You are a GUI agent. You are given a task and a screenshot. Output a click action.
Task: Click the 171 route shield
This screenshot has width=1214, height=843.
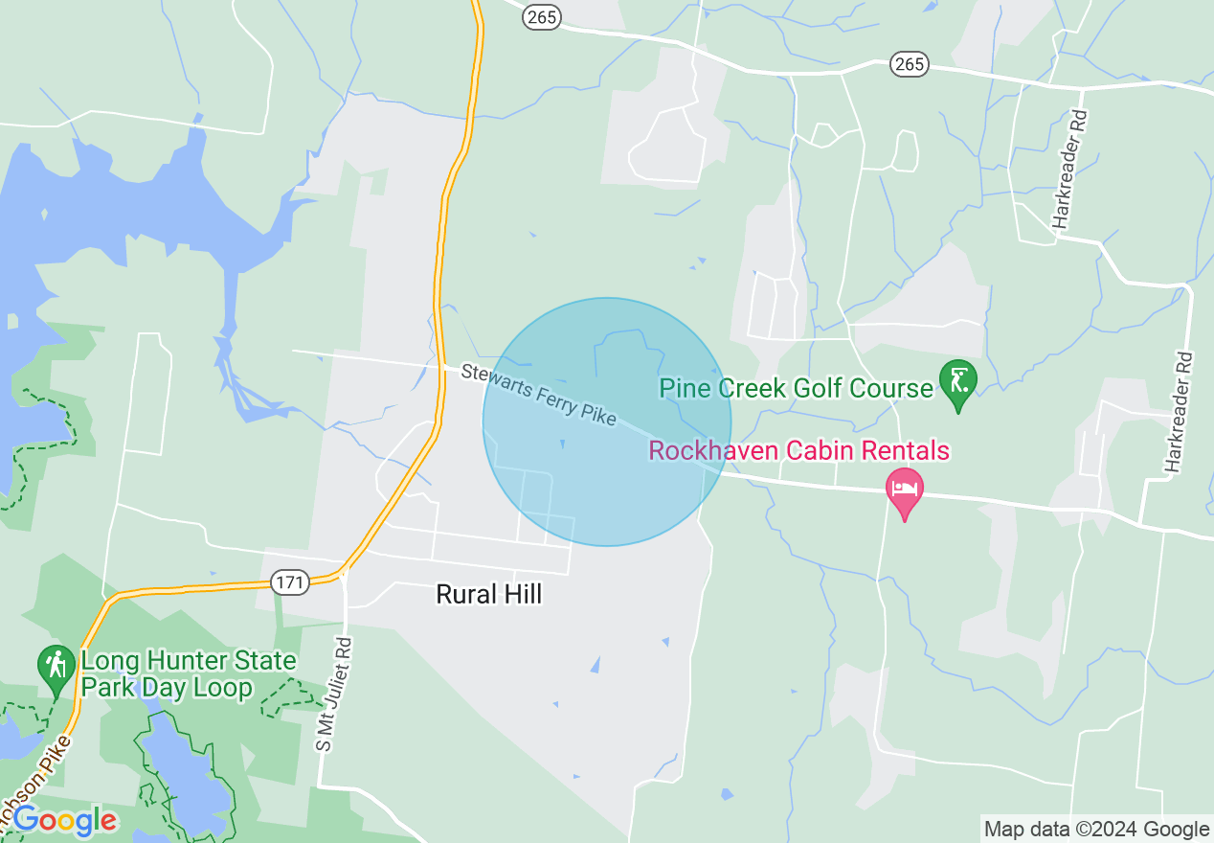coord(288,581)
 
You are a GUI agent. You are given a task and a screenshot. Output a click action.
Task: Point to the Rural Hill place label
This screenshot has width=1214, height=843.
coord(488,594)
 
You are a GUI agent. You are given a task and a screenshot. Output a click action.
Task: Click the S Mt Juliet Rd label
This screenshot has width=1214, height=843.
coord(335,695)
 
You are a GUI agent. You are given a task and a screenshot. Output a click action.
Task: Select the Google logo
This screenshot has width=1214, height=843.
coord(65,821)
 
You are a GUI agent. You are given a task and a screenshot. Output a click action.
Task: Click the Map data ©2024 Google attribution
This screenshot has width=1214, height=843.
coord(1097,830)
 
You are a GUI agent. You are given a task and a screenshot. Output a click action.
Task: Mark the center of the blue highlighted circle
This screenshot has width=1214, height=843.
coord(607,422)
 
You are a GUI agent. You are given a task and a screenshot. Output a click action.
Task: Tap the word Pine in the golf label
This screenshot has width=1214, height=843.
coord(683,388)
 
